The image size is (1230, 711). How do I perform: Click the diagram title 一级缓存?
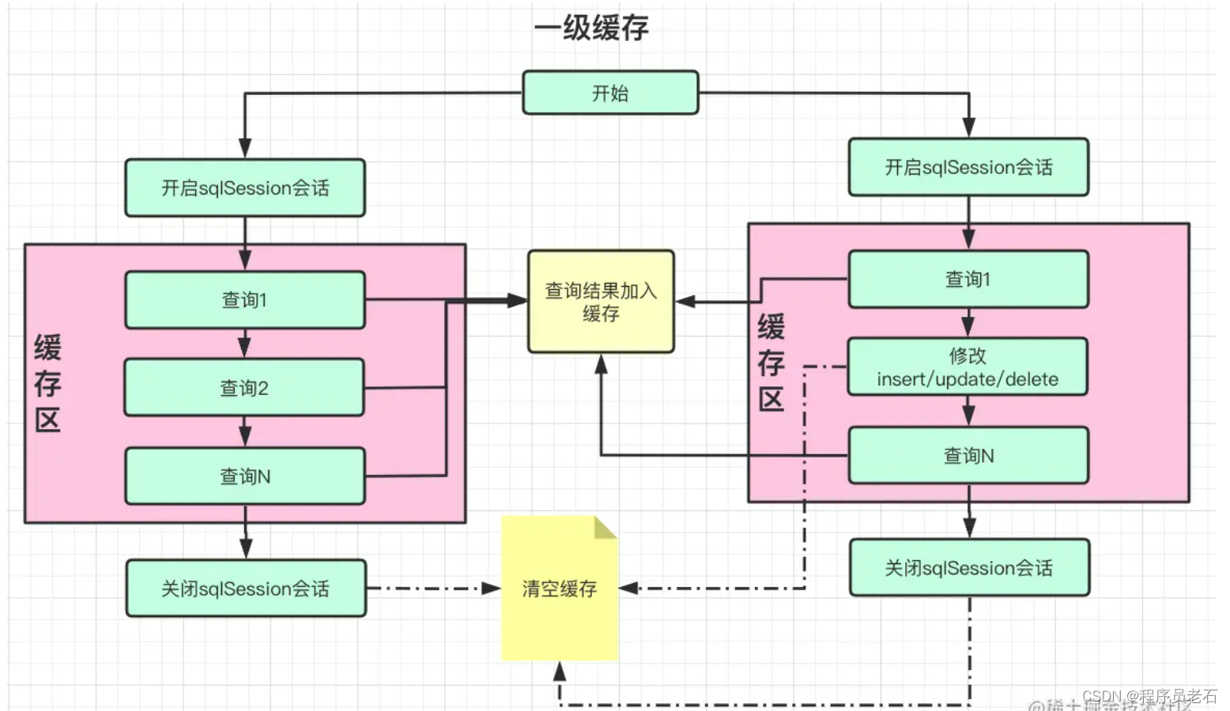coord(591,28)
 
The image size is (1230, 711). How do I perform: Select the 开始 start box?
coord(610,93)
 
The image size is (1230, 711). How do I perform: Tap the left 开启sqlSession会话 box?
coord(245,188)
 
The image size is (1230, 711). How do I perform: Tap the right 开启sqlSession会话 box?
coord(968,167)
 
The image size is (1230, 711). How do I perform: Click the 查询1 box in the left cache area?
coord(245,300)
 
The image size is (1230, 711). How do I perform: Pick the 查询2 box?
coord(244,388)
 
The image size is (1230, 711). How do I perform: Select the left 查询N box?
coord(245,476)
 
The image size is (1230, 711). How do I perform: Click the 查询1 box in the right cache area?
coord(968,279)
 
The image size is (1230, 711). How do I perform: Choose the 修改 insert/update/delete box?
coord(968,367)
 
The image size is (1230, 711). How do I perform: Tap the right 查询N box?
coord(968,456)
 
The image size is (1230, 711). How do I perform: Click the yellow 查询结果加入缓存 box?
coord(601,302)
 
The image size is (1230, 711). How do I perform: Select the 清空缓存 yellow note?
coord(560,589)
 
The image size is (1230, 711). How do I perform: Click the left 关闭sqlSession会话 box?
coord(246,589)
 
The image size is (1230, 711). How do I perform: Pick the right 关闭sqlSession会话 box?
coord(969,568)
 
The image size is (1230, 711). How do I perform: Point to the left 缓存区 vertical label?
coord(47,383)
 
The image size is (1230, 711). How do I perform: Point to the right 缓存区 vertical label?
coord(771,363)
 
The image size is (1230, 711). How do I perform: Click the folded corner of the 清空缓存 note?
coord(605,527)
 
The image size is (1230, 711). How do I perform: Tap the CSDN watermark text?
coord(1149,696)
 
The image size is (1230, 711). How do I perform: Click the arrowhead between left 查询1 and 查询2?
coord(245,348)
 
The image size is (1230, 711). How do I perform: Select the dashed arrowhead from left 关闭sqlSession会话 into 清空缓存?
coord(491,589)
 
